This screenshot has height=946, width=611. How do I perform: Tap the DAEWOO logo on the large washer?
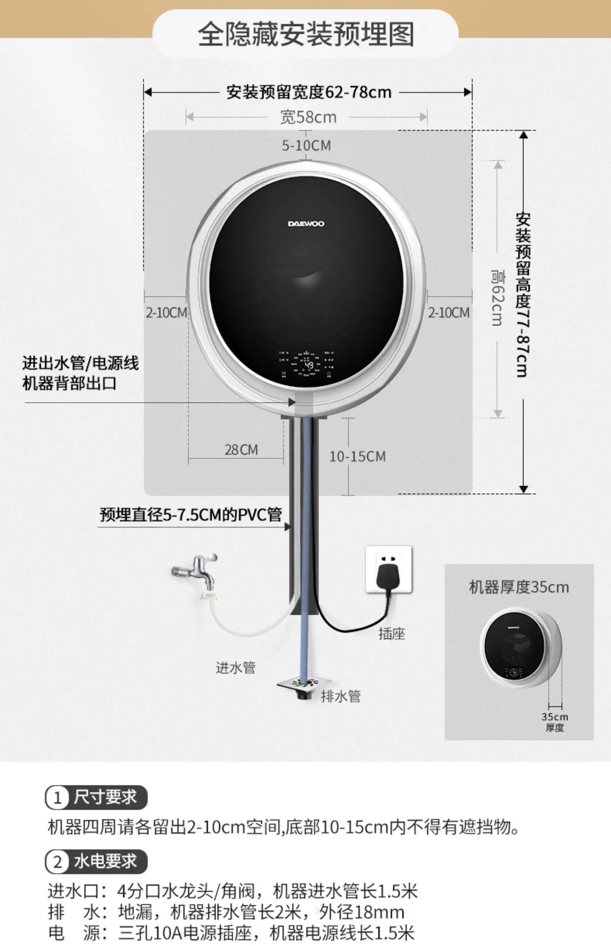coord(306,224)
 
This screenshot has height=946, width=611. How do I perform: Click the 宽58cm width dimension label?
coord(308,117)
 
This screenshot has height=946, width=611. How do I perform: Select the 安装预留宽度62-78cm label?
coord(309,92)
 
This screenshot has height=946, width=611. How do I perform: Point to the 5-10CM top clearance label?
coord(306,145)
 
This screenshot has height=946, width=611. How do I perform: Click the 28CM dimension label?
coord(241,450)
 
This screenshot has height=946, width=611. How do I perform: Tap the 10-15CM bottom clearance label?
coord(357,456)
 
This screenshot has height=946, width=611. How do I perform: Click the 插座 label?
coord(391,634)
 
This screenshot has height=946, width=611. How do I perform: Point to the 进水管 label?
coord(235,667)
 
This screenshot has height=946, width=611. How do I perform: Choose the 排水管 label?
coord(341,696)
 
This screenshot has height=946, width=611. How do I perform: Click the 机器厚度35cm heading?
coord(519,587)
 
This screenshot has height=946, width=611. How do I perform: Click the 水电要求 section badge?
coord(96,861)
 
